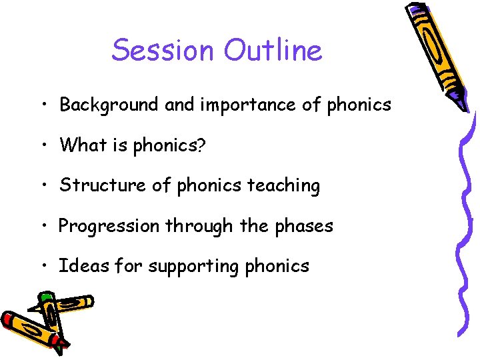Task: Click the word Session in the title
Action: pyautogui.click(x=163, y=50)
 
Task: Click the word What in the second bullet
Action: pyautogui.click(x=81, y=145)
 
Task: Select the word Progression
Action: pyautogui.click(x=109, y=226)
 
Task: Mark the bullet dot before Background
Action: pyautogui.click(x=42, y=105)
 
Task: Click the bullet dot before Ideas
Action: pyautogui.click(x=42, y=267)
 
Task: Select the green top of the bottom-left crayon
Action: pyautogui.click(x=45, y=297)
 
